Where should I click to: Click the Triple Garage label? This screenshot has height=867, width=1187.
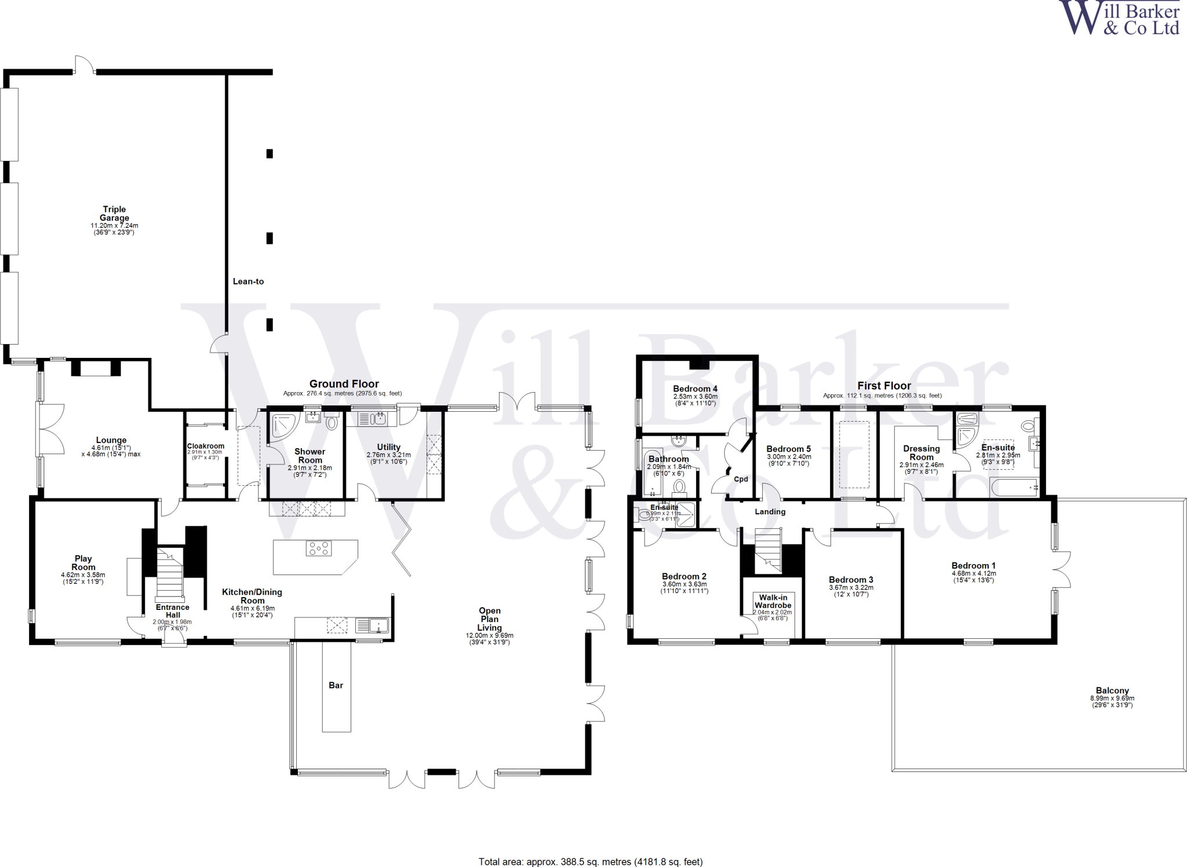point(114,213)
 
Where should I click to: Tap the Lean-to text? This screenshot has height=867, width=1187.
point(248,281)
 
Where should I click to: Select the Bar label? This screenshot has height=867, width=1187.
point(336,685)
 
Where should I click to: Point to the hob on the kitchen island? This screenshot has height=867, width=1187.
point(319,548)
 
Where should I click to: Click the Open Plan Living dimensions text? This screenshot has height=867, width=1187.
point(489,638)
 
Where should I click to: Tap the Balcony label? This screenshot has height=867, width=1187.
point(1112,690)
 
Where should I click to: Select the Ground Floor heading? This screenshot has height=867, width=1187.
point(344,383)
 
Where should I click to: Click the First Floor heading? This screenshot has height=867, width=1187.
point(884,385)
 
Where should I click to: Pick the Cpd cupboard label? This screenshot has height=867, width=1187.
point(741,479)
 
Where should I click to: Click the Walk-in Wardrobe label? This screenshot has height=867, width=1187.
point(773,601)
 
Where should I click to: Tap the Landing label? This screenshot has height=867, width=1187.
point(770,511)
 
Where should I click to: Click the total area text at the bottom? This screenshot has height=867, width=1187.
point(590,862)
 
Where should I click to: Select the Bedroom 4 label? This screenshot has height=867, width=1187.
point(695,389)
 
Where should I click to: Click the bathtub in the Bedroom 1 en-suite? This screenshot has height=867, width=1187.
point(1014,488)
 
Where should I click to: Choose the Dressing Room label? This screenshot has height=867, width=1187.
point(921,452)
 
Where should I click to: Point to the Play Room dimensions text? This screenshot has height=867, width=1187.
point(83,578)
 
